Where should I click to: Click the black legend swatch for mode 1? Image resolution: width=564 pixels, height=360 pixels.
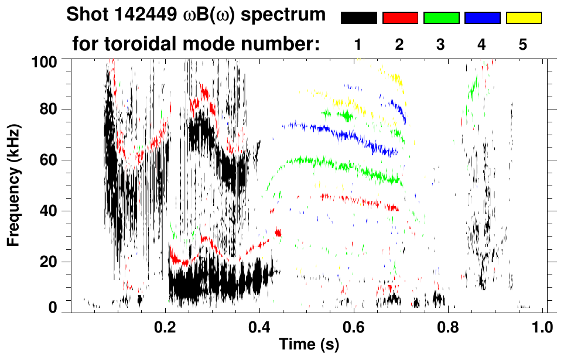click(359, 18)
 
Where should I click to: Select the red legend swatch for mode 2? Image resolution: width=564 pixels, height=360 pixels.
click(400, 18)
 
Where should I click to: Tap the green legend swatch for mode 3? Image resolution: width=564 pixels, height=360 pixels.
click(441, 18)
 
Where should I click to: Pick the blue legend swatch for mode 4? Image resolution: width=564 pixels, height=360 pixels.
click(482, 18)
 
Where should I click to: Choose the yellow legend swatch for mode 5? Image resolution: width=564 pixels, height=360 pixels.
click(524, 18)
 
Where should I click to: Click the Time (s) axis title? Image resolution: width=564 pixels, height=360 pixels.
click(309, 345)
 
